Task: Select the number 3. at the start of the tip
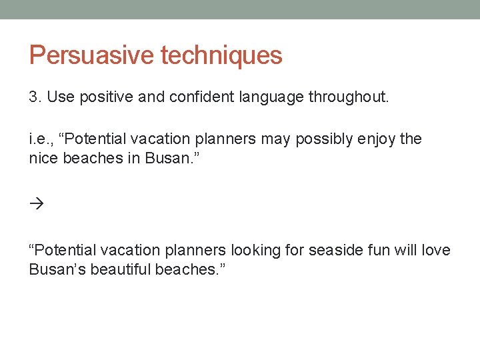(x=35, y=97)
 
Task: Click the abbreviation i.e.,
(x=41, y=139)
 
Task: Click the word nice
(x=43, y=159)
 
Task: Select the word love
(x=435, y=250)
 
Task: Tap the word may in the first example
(x=275, y=139)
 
